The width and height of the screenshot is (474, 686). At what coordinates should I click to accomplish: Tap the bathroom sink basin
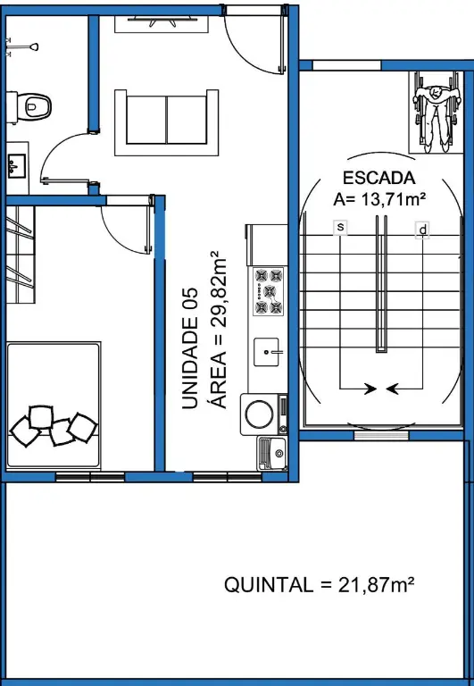(x=17, y=165)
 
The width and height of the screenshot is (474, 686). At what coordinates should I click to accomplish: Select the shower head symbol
(x=22, y=46)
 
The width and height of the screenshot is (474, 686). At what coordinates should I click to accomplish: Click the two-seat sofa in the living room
(x=167, y=122)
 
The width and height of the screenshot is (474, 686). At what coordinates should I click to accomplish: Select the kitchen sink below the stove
(x=266, y=352)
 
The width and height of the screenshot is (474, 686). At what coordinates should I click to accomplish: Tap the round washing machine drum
(x=259, y=414)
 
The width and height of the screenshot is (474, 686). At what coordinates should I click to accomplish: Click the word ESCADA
(x=378, y=178)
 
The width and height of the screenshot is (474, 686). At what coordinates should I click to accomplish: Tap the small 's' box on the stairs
(x=340, y=227)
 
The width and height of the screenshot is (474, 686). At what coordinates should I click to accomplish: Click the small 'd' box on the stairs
(x=422, y=230)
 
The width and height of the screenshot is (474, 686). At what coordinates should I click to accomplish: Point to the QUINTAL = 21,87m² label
(x=320, y=584)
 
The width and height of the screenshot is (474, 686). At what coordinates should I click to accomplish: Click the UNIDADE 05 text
(x=190, y=348)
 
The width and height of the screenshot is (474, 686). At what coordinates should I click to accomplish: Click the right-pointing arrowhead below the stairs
(x=370, y=388)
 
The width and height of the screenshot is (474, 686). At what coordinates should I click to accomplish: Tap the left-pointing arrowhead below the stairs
(x=392, y=388)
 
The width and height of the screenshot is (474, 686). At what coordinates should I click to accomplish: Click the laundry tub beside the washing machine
(x=272, y=454)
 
